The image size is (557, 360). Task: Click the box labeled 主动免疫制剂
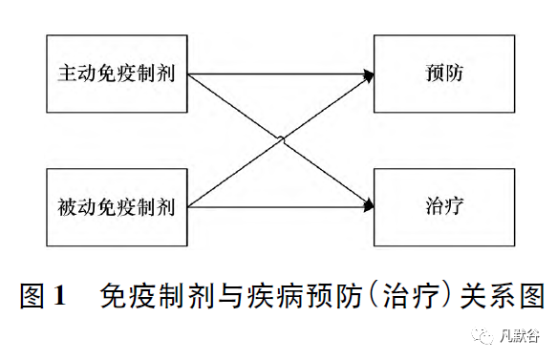click(117, 74)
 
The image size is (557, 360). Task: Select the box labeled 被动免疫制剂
click(117, 205)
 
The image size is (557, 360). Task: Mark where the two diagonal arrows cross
click(281, 139)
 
